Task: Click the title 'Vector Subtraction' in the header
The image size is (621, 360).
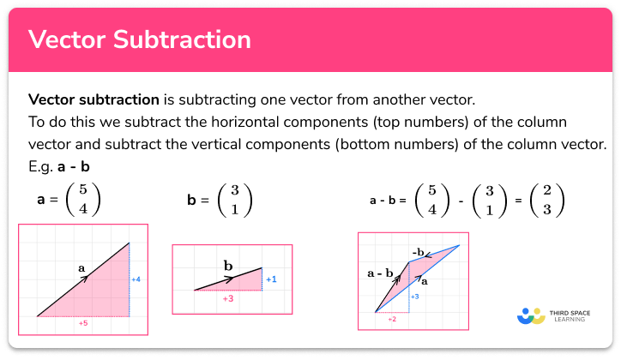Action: (140, 40)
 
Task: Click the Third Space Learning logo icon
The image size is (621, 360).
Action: (532, 316)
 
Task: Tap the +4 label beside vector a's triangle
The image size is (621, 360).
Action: (136, 279)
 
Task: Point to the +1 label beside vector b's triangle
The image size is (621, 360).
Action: (270, 279)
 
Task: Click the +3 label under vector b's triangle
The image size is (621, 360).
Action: (227, 298)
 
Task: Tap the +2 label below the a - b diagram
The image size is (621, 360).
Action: (391, 318)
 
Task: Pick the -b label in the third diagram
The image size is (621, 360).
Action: (419, 251)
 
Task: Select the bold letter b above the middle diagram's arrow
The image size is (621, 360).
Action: (227, 266)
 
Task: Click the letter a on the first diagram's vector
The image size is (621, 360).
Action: (82, 268)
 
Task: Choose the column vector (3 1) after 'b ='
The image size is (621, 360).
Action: (233, 201)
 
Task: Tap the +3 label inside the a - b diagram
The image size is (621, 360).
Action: (414, 296)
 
